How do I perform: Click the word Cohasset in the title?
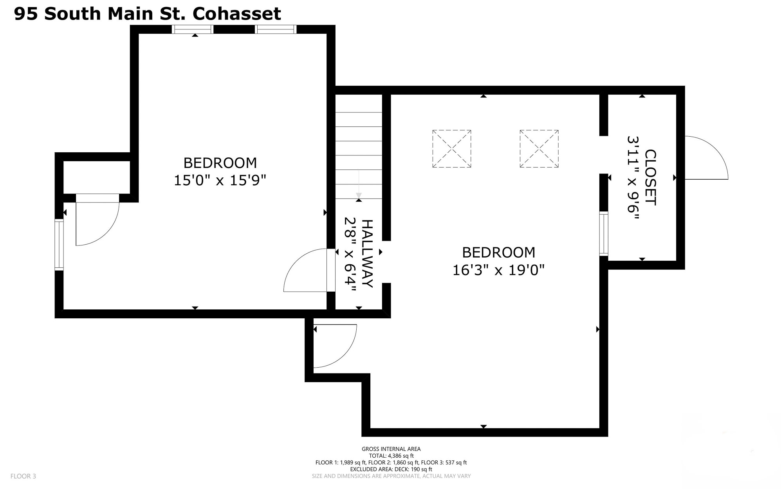[237, 14]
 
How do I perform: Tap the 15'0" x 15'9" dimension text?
[220, 180]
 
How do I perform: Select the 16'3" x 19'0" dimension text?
[498, 270]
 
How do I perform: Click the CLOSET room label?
[650, 177]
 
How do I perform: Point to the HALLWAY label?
[367, 254]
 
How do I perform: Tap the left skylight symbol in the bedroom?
[452, 149]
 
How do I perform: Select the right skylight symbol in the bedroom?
[539, 149]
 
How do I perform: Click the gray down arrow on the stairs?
[359, 184]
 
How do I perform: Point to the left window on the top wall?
[193, 29]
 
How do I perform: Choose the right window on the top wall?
[276, 29]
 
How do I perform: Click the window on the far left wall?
[59, 245]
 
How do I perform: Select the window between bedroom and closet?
[604, 234]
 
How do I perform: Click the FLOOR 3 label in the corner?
[23, 476]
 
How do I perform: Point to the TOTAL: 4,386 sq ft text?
[391, 456]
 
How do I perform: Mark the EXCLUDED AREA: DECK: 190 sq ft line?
[391, 469]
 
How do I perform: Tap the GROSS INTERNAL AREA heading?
[391, 449]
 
